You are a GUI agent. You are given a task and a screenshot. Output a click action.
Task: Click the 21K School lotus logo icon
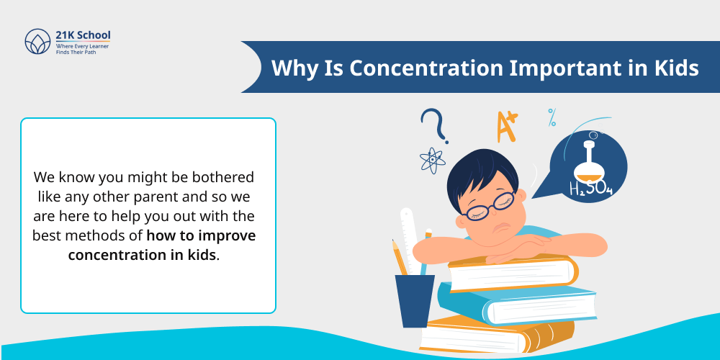[x=37, y=41]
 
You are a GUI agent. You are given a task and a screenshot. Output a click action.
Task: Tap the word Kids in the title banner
[x=672, y=68]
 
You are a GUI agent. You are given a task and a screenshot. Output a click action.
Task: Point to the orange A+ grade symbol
[x=507, y=127]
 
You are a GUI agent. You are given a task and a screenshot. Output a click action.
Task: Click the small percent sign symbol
[x=552, y=117]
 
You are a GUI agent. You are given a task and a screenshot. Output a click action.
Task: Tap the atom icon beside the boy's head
[x=432, y=161]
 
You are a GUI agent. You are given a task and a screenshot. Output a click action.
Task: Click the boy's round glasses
[x=490, y=206]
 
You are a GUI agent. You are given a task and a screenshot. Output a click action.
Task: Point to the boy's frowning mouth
[x=496, y=226]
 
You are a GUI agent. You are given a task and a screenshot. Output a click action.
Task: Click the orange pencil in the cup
[x=400, y=256]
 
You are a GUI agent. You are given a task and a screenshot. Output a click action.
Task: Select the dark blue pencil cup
[x=415, y=300]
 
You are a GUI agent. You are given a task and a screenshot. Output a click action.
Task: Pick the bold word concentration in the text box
[x=142, y=255]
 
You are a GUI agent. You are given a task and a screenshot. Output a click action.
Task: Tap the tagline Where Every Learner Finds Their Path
[x=83, y=49]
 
